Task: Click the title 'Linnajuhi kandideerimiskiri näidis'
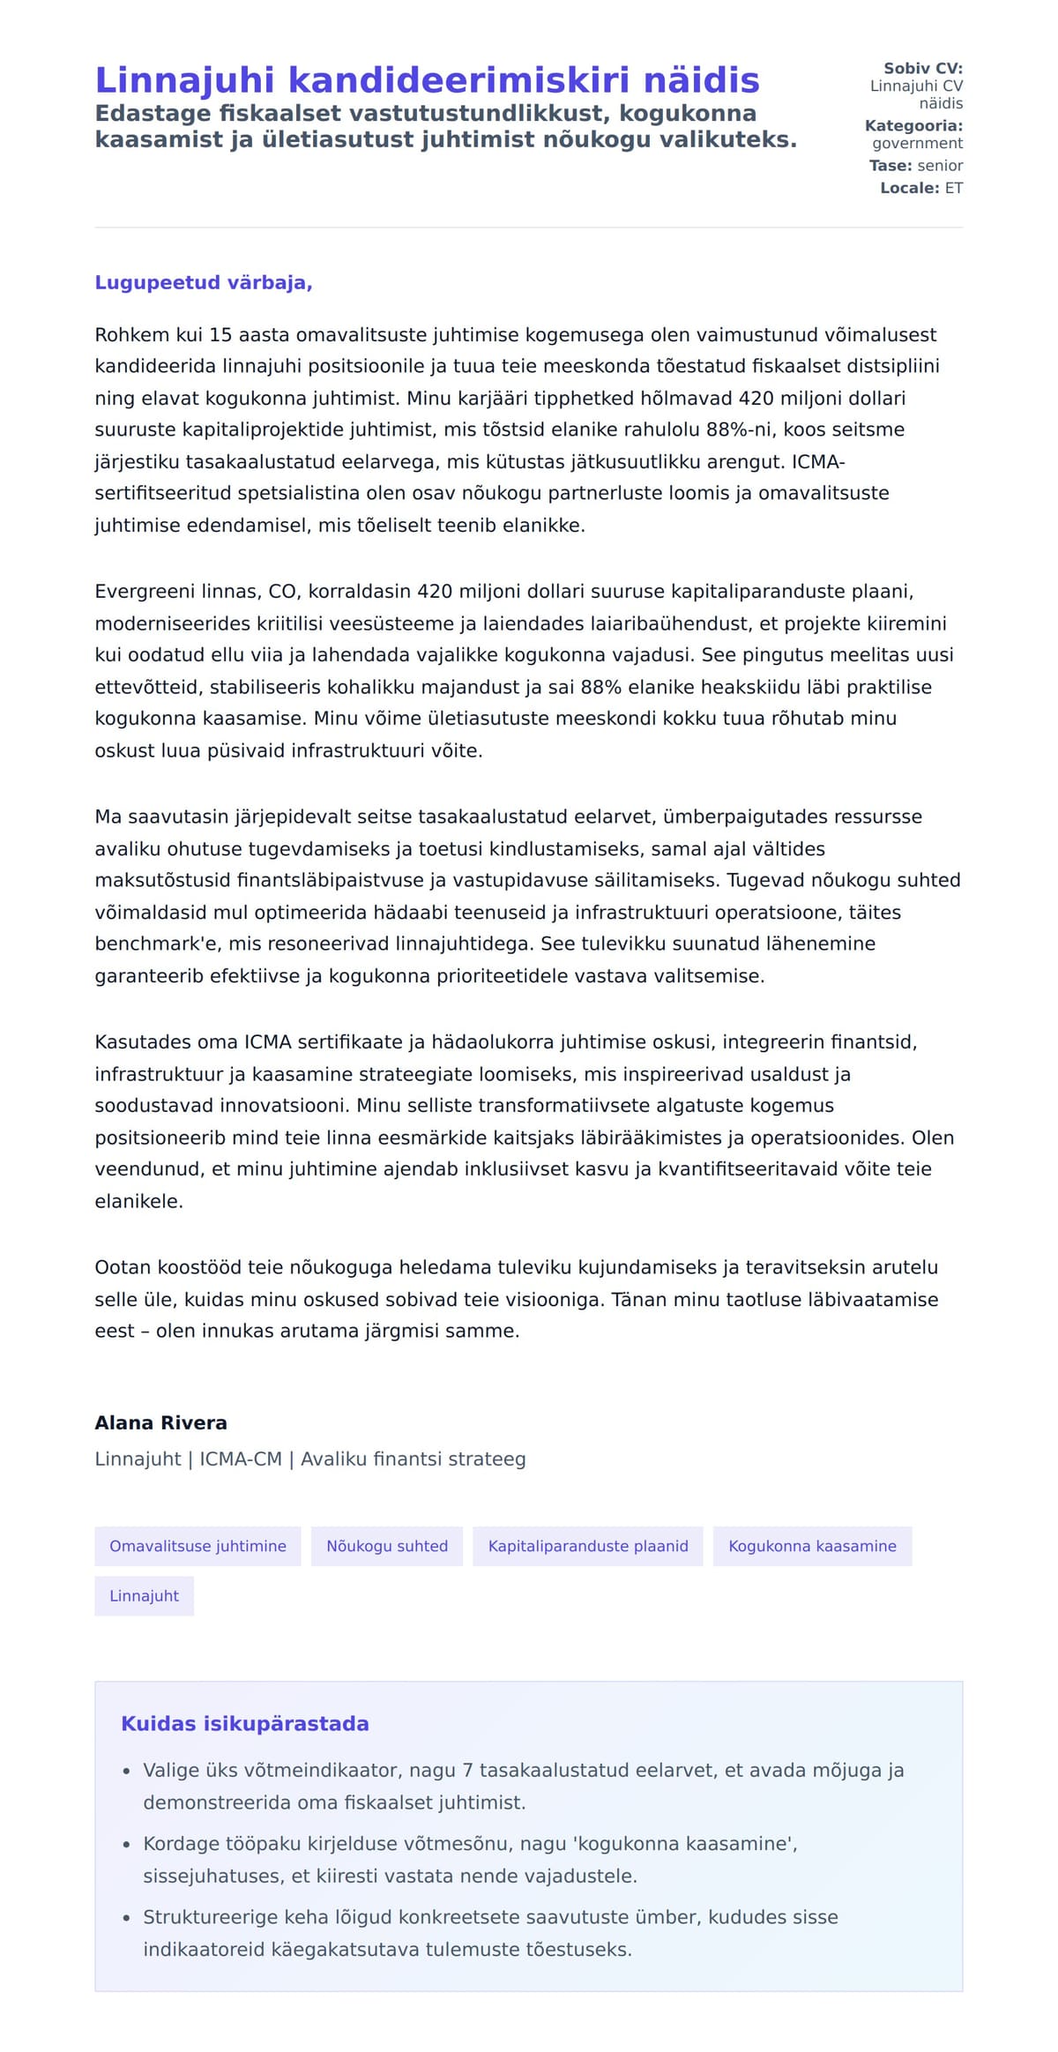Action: tap(427, 80)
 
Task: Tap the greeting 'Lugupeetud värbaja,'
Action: tap(204, 283)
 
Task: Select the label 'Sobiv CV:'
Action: tap(922, 69)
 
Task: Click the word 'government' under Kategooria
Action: tap(917, 144)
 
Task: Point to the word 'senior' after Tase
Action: tap(940, 166)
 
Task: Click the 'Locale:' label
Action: tap(909, 189)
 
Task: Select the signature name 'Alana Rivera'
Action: tap(160, 1422)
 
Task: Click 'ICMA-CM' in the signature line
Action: tap(241, 1459)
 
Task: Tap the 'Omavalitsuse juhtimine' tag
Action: tap(197, 1547)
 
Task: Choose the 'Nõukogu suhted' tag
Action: tap(387, 1547)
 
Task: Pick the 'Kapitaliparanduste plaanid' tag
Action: tap(588, 1547)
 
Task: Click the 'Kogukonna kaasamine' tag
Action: tap(812, 1547)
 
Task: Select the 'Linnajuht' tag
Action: tap(144, 1596)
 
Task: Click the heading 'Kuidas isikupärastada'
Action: tap(245, 1724)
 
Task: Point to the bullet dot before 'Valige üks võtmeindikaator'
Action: tap(126, 1772)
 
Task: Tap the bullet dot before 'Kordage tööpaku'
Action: tap(126, 1845)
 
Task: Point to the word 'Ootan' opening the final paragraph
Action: tap(123, 1268)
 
